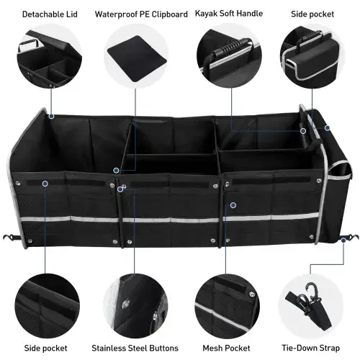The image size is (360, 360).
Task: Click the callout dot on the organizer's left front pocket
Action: coord(45,184)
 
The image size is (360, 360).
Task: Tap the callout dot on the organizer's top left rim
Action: coord(50,114)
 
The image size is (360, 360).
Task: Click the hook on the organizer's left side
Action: coord(9,238)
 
